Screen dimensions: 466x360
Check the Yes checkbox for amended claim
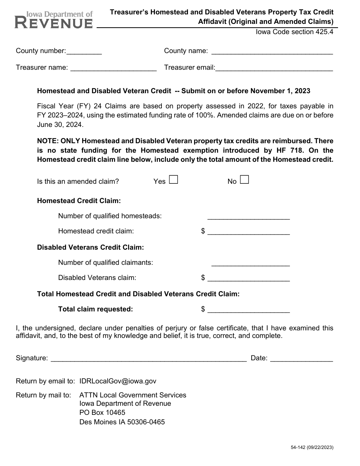click(x=173, y=180)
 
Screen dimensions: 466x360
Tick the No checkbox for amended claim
click(x=244, y=180)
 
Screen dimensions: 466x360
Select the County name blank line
click(x=272, y=52)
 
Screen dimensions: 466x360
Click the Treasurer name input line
click(x=113, y=68)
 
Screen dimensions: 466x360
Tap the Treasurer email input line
click(x=274, y=68)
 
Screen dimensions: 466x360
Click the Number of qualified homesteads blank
click(x=249, y=216)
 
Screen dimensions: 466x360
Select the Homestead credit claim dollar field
click(x=249, y=231)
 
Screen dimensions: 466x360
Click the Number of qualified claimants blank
click(x=250, y=263)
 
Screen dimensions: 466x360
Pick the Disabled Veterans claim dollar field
click(x=249, y=278)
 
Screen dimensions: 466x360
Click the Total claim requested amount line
click(x=249, y=310)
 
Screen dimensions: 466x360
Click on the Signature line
click(x=149, y=359)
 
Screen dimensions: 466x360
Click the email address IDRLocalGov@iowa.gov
click(x=117, y=381)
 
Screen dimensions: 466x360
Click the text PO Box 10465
click(x=102, y=413)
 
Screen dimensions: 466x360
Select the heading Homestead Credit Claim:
click(x=79, y=201)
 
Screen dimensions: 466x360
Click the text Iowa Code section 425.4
click(x=294, y=32)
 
